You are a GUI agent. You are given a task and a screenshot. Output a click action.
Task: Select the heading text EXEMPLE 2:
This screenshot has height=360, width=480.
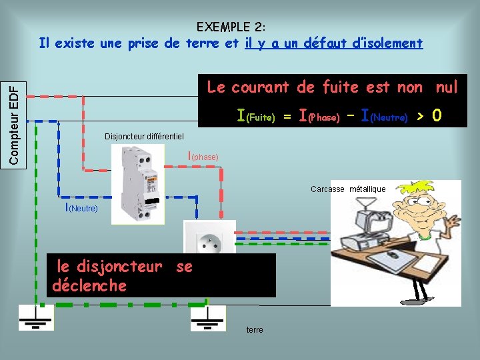(231, 27)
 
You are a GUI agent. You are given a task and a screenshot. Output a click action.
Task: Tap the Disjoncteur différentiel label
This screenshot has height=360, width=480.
(144, 137)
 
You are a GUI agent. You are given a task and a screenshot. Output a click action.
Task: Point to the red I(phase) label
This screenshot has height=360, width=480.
(204, 157)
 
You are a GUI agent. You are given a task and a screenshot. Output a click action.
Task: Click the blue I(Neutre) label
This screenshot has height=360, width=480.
(81, 207)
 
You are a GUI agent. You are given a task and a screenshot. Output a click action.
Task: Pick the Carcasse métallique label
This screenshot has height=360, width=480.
(348, 189)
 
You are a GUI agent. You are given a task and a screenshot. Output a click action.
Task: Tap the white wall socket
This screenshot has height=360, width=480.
(210, 238)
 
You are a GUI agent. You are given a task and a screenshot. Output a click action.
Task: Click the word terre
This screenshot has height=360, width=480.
(255, 330)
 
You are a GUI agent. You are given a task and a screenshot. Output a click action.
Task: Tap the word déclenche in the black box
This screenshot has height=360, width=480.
(89, 286)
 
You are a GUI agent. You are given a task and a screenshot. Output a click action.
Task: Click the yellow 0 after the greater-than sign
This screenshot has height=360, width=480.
(437, 116)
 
